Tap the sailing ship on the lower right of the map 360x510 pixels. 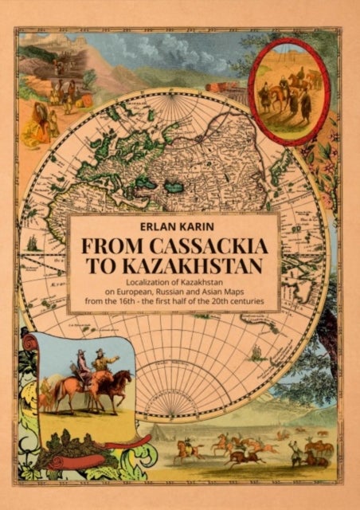[256, 351]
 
